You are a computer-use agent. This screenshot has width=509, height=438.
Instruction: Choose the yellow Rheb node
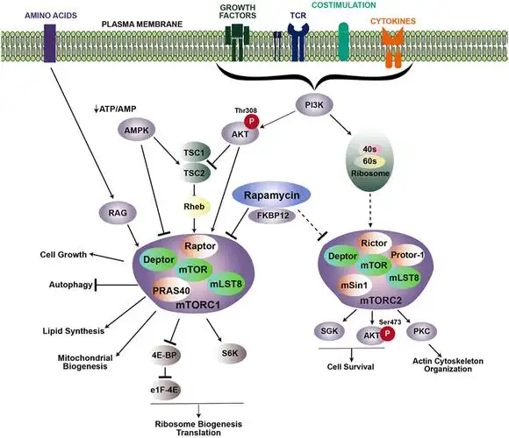tap(195, 207)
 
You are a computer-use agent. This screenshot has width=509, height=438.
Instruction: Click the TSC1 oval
tap(195, 151)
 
